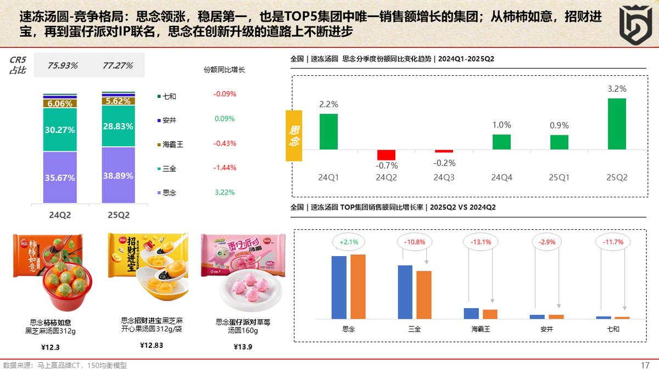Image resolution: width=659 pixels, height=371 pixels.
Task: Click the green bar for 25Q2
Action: click(617, 124)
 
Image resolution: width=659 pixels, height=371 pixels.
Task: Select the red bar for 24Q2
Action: click(386, 154)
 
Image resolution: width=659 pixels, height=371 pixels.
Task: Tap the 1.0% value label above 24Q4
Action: click(501, 125)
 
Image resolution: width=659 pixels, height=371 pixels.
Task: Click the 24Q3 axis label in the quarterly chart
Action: click(444, 178)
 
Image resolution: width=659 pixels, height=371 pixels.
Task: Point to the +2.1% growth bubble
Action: click(349, 241)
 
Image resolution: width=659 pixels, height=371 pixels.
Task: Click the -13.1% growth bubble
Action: click(481, 241)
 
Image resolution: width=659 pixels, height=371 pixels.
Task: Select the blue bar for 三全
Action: click(405, 292)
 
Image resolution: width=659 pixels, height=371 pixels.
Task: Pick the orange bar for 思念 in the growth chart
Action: click(358, 286)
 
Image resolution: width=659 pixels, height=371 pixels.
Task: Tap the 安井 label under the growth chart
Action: click(546, 329)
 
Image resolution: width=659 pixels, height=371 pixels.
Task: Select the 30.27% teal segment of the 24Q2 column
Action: click(60, 130)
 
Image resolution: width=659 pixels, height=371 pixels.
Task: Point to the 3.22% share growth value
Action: click(225, 192)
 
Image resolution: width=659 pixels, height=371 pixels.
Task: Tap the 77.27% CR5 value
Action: click(118, 65)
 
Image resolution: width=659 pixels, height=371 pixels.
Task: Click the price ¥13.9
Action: click(243, 347)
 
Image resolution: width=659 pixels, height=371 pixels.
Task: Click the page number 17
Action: click(645, 366)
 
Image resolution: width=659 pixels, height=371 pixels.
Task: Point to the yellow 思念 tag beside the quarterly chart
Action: click(294, 135)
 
